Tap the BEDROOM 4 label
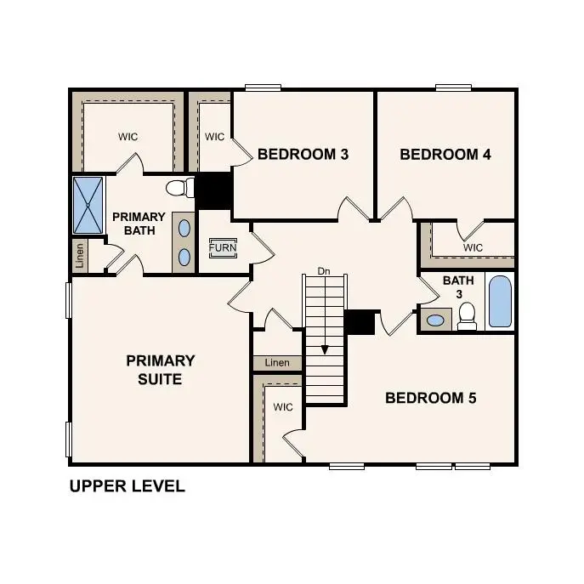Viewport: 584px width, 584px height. click(x=445, y=155)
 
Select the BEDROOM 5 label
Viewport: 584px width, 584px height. click(x=431, y=398)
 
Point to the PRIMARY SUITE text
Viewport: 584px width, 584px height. click(x=161, y=370)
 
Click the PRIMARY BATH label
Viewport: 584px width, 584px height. click(x=139, y=224)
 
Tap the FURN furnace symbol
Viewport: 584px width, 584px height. click(x=224, y=248)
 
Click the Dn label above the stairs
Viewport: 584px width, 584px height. click(x=324, y=271)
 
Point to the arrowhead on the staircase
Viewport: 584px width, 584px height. click(x=324, y=349)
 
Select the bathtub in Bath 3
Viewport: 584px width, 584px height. click(x=500, y=301)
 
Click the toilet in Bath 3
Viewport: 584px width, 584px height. click(x=466, y=316)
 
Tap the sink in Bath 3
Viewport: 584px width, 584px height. click(x=435, y=320)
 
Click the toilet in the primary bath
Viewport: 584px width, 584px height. click(x=177, y=188)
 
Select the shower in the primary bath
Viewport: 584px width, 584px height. click(x=88, y=204)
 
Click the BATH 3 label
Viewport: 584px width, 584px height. click(x=451, y=287)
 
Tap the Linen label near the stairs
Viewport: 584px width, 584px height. click(x=277, y=363)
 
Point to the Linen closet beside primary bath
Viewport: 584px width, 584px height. click(x=80, y=255)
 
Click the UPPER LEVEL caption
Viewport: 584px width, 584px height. click(x=127, y=487)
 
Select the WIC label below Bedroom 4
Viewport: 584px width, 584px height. click(x=473, y=247)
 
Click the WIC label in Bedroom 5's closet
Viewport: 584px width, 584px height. click(x=283, y=407)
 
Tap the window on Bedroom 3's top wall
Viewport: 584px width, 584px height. click(x=263, y=87)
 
